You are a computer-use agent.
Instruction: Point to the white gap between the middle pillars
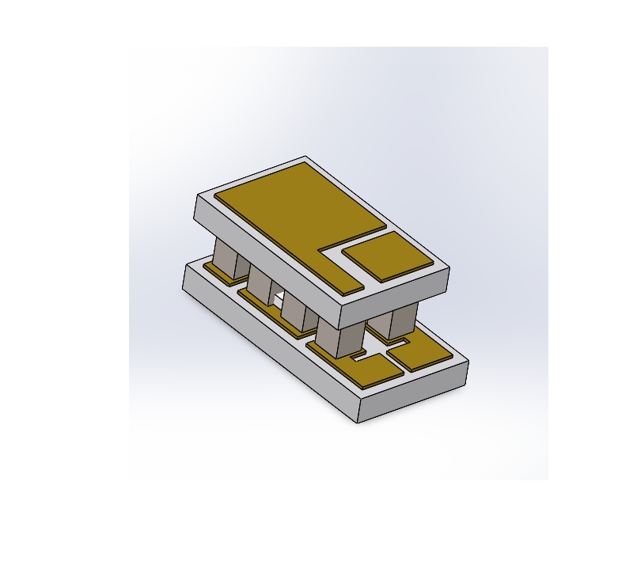click(279, 298)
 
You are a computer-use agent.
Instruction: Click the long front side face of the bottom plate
click(269, 348)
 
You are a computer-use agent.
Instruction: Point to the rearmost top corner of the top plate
click(306, 156)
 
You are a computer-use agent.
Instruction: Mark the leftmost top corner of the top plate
click(196, 196)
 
